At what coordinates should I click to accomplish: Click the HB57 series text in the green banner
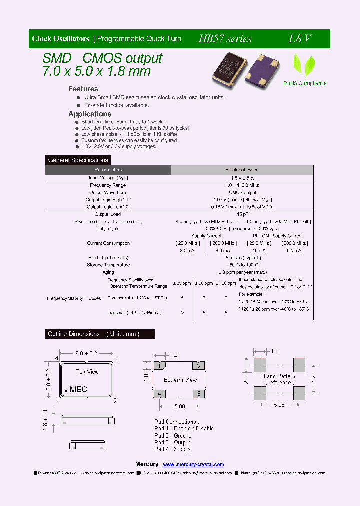click(225, 39)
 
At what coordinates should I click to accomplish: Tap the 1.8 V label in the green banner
click(300, 39)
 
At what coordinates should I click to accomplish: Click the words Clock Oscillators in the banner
click(60, 39)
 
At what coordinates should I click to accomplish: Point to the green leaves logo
click(304, 65)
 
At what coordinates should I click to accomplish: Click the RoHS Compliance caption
click(305, 83)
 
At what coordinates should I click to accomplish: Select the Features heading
click(83, 89)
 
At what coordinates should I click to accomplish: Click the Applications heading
click(90, 114)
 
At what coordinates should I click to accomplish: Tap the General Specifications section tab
click(78, 160)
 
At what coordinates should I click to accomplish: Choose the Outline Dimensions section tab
click(94, 334)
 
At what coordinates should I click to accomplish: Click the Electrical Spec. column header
click(242, 170)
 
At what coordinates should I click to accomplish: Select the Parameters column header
click(108, 170)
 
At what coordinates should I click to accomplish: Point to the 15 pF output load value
click(242, 214)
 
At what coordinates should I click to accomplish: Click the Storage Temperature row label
click(108, 265)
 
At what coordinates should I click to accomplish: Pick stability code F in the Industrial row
click(226, 312)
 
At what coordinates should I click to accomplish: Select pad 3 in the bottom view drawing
click(199, 394)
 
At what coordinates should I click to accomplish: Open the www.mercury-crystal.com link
click(193, 464)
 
